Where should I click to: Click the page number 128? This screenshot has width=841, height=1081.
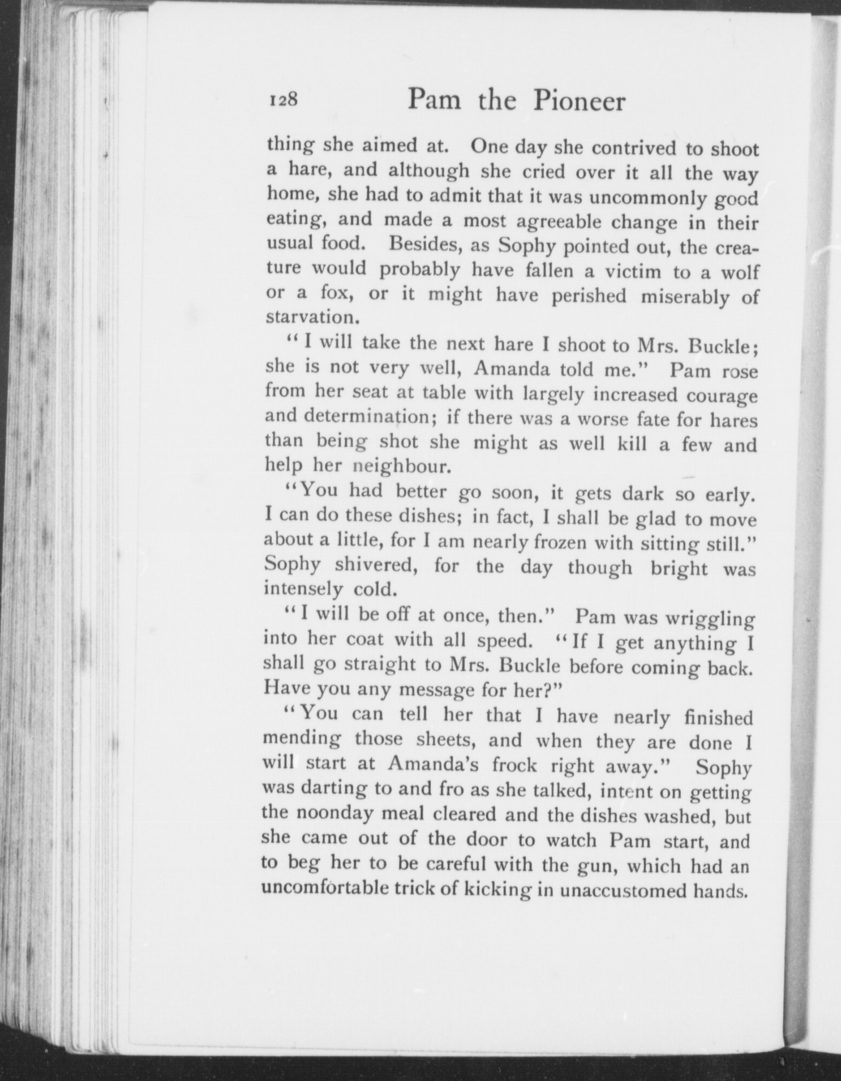(x=282, y=100)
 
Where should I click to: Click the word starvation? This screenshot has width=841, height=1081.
(x=308, y=317)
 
